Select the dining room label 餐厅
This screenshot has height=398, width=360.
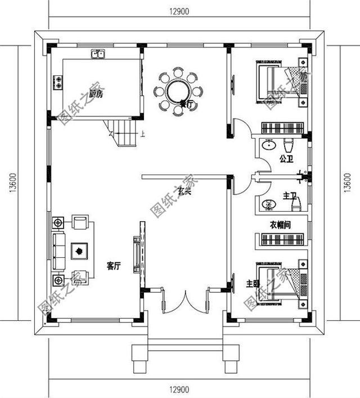click(185, 104)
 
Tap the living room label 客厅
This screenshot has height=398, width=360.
click(113, 266)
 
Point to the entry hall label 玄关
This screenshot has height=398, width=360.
click(185, 192)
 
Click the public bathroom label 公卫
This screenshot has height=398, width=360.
click(287, 159)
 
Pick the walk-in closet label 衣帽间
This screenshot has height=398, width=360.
click(280, 225)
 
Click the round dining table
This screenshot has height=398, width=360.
click(178, 91)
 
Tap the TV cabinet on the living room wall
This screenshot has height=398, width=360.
click(137, 255)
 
